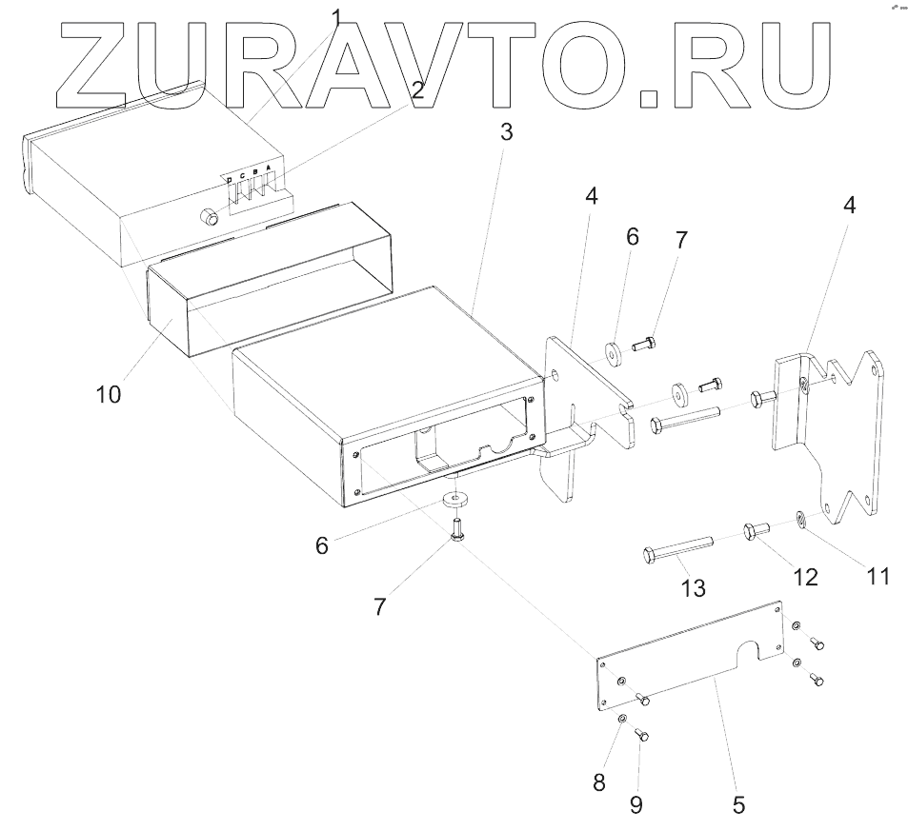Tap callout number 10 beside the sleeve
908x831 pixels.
point(108,393)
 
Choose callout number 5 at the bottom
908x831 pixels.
point(738,804)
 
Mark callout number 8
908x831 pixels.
point(598,782)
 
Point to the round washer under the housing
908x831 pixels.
point(458,498)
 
